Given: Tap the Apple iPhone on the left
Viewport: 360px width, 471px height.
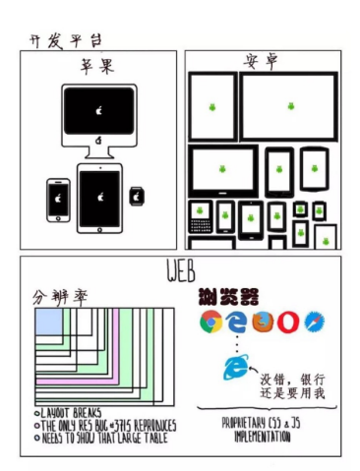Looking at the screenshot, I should pos(59,200).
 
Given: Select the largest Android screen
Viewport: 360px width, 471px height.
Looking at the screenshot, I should pos(288,106).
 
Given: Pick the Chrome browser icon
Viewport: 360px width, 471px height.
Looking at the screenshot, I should pos(210,322).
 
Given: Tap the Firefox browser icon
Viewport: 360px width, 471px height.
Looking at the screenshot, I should pos(262,322).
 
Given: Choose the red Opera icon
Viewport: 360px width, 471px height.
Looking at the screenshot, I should pos(287,322).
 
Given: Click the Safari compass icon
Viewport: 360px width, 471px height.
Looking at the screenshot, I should pos(314,322).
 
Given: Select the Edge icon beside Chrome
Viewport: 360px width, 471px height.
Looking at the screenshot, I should pos(236,322).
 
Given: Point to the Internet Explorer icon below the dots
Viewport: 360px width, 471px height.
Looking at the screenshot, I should pos(235,368).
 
